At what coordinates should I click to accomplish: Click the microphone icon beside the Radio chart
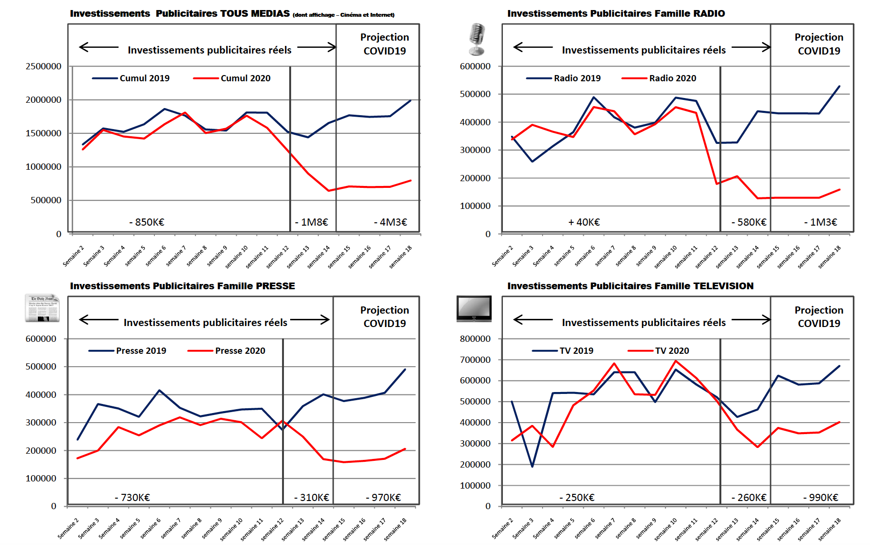pos(477,39)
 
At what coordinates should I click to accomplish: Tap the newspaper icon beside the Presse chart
pos(43,308)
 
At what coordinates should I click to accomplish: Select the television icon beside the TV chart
pos(474,308)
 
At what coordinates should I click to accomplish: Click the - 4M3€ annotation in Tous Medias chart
pos(391,222)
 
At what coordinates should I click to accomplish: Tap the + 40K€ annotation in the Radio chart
pos(584,222)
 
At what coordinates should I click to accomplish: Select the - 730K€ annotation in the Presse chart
pos(132,498)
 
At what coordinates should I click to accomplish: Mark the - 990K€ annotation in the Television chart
pos(821,498)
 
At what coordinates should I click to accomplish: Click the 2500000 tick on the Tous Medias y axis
pos(43,66)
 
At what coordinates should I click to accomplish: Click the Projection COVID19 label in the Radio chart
pos(819,44)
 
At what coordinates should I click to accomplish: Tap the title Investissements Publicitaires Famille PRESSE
pos(183,286)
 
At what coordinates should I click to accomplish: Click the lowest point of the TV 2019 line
pos(532,466)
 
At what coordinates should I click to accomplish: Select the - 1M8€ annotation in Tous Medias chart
pos(312,222)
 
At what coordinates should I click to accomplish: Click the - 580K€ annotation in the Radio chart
pos(749,222)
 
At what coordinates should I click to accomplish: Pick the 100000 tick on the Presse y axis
pos(41,479)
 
